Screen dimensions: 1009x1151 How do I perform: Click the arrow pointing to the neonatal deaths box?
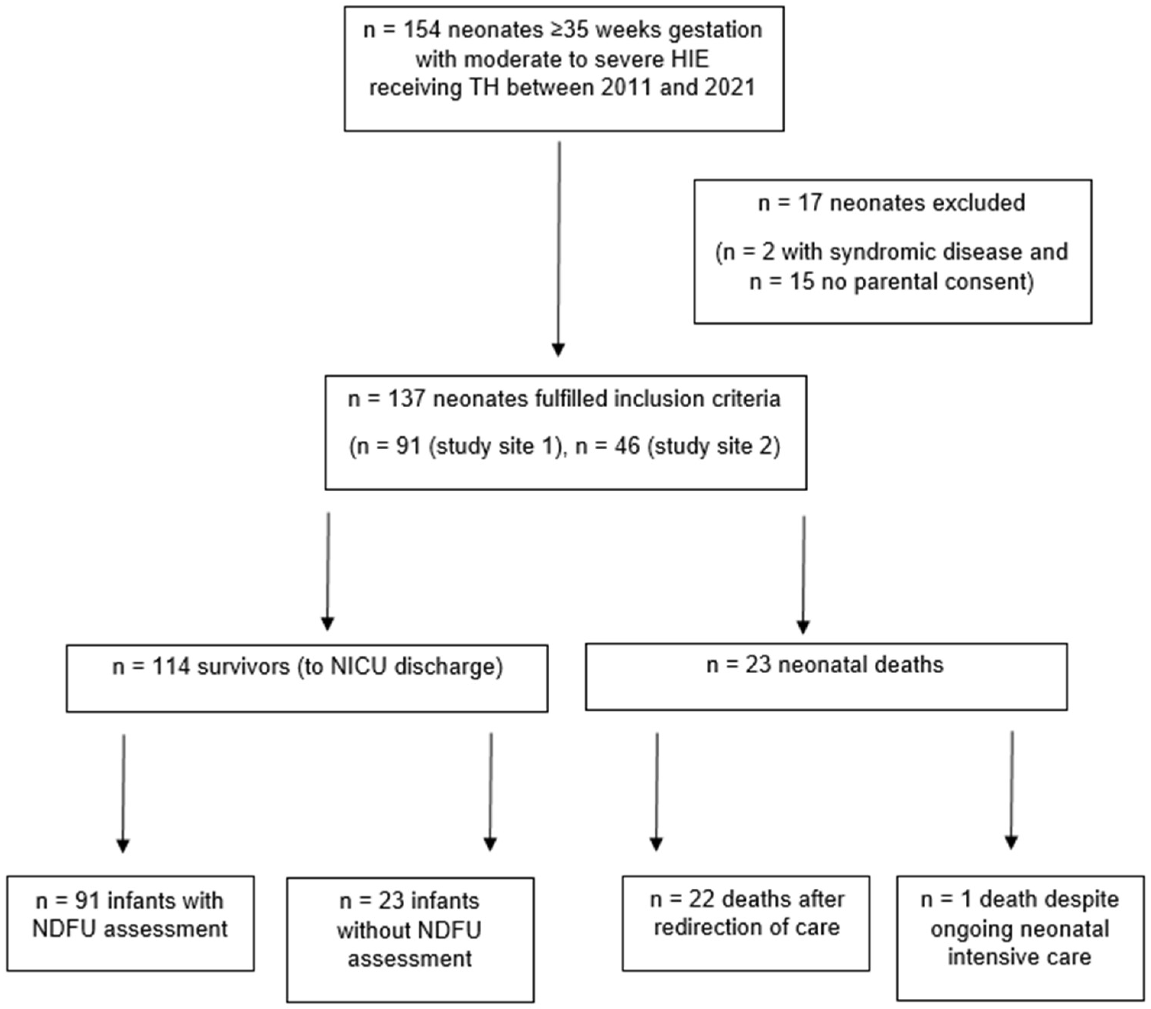(x=803, y=625)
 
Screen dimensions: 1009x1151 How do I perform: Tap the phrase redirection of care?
(x=747, y=927)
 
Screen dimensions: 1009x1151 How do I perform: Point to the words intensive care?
(x=1019, y=957)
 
